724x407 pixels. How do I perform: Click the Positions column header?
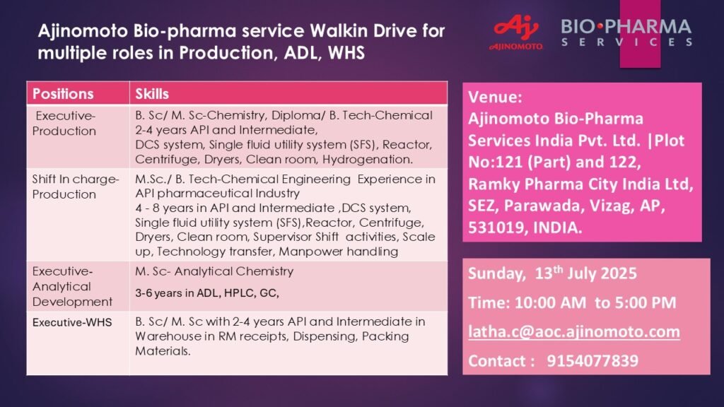[x=63, y=94]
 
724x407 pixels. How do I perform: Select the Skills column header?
[x=152, y=94]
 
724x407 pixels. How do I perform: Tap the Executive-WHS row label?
[x=72, y=322]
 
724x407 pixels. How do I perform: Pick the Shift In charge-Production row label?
[x=76, y=187]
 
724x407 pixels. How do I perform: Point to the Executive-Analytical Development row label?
[x=73, y=286]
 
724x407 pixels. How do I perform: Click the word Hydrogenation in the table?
[x=368, y=159]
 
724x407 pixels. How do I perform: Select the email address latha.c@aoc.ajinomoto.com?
[x=574, y=332]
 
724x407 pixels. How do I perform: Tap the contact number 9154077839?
[x=592, y=361]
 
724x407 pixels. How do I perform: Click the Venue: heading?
[x=495, y=97]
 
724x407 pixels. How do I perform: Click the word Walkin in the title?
[x=339, y=31]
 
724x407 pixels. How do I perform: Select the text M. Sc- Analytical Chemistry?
[x=214, y=271]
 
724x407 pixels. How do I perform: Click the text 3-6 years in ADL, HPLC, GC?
[x=207, y=293]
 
